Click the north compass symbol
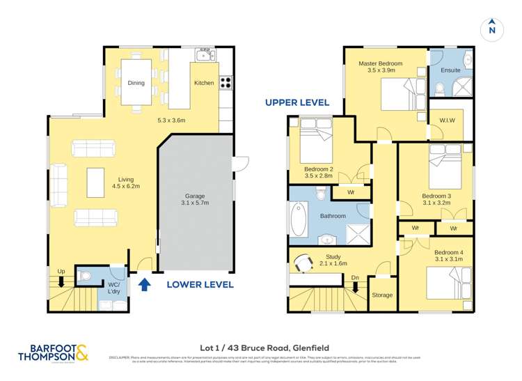click(491, 28)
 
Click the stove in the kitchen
click(226, 82)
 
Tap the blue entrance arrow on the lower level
click(145, 284)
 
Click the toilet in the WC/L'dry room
click(84, 277)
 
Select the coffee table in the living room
click(95, 183)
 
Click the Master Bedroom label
click(381, 67)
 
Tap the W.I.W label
click(448, 120)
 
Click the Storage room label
click(382, 295)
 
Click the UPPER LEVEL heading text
click(297, 102)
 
